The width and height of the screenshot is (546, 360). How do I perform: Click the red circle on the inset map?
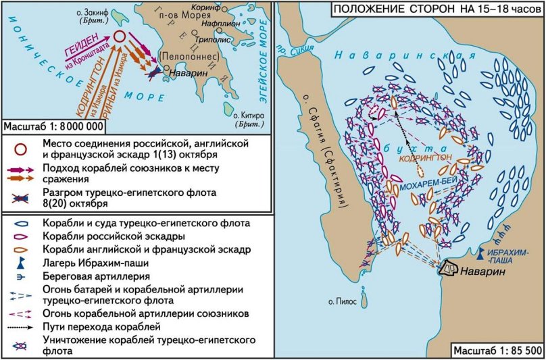coord(120,38)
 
